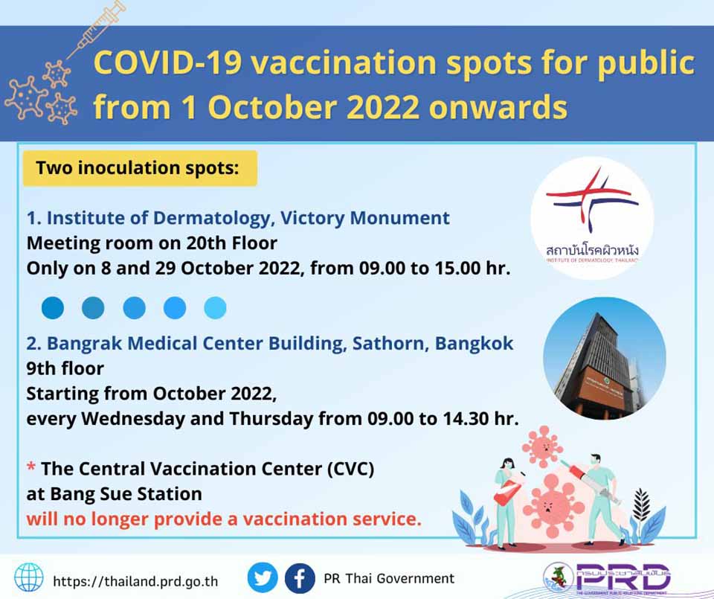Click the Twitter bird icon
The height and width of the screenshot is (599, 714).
coord(263,577)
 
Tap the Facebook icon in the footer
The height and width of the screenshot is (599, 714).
coord(300,578)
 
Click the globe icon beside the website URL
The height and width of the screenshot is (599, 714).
coord(29,577)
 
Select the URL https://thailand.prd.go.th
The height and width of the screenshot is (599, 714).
coord(135,581)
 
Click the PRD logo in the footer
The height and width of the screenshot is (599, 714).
coord(608,577)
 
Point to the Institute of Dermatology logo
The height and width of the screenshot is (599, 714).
coord(592,218)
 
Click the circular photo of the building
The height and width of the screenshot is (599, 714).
coord(605,358)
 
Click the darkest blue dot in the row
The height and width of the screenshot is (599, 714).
coord(53,307)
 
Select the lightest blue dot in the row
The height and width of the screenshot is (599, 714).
coord(216,307)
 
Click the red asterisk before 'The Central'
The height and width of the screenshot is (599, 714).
coord(31,467)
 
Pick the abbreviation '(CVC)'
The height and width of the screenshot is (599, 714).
coord(350,469)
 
